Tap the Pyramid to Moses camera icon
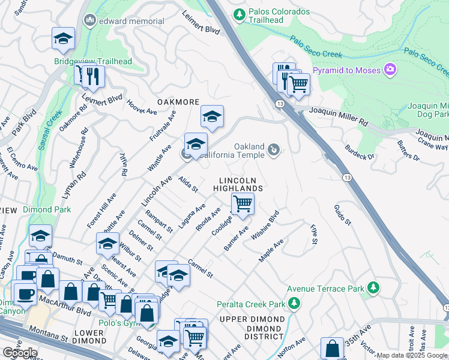(391, 70)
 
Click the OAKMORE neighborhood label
(178, 102)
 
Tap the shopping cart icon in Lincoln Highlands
(243, 204)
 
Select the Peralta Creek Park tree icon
(294, 305)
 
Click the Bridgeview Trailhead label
(92, 61)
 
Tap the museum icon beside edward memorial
(91, 21)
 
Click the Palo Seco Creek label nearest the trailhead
(316, 47)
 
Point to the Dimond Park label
(47, 209)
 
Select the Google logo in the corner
(19, 352)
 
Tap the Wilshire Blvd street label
(265, 225)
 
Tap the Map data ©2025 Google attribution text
(412, 355)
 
